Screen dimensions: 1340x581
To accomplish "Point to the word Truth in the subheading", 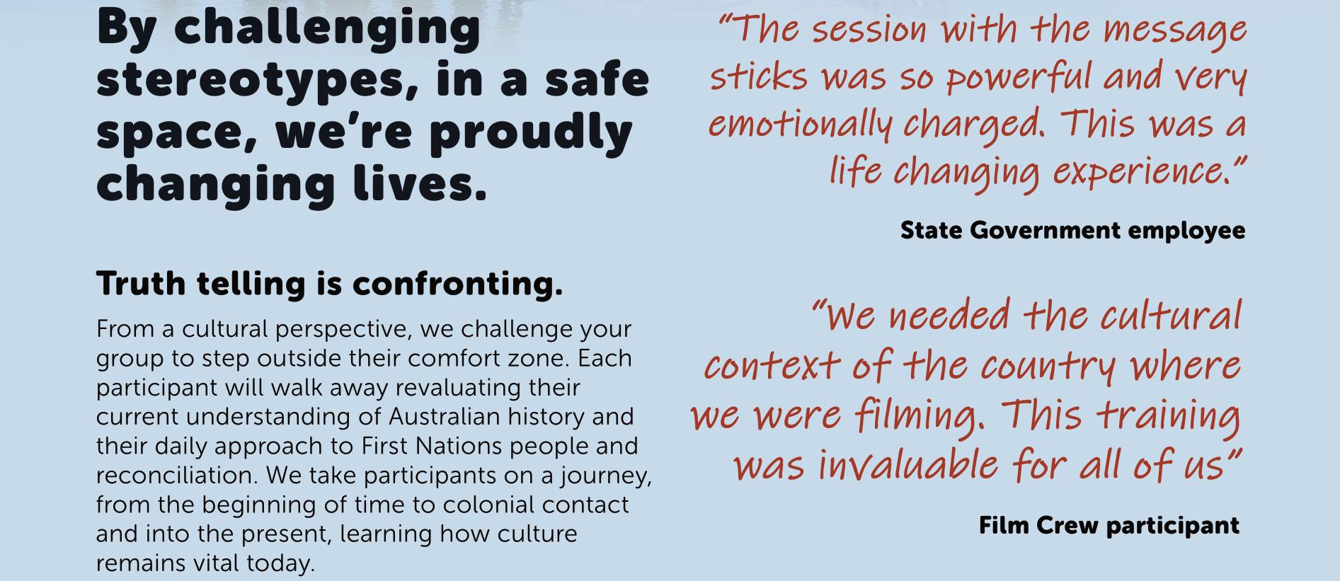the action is pos(142,284).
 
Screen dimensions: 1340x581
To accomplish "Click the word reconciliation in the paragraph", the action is pos(177,476).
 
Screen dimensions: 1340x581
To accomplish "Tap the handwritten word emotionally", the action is pos(800,125).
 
